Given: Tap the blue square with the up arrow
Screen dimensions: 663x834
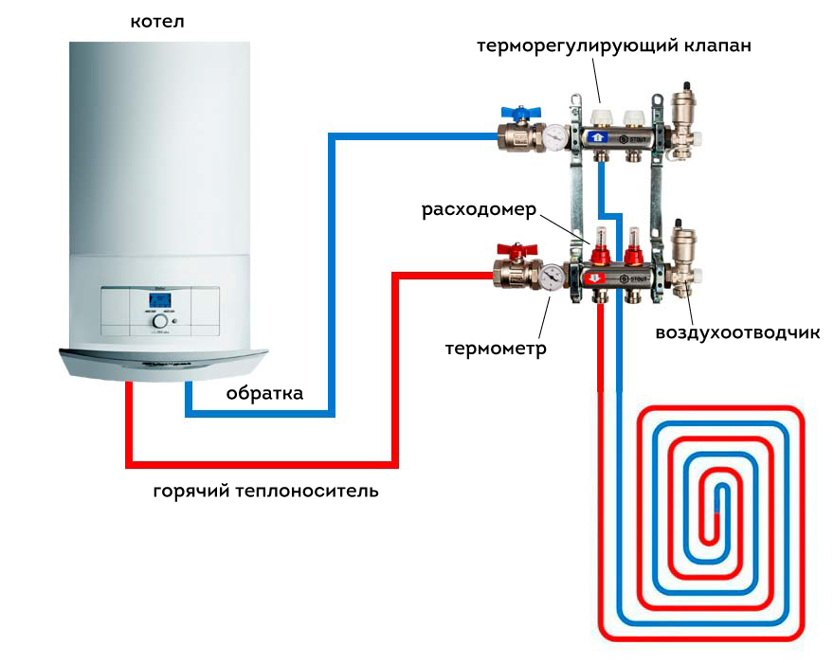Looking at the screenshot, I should (597, 137).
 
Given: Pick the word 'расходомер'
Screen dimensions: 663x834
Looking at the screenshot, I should (480, 209).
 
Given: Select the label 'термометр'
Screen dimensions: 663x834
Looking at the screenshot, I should (496, 349).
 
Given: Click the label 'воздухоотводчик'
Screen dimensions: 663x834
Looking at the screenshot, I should (737, 332).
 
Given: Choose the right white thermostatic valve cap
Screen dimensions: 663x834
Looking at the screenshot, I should (631, 118).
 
